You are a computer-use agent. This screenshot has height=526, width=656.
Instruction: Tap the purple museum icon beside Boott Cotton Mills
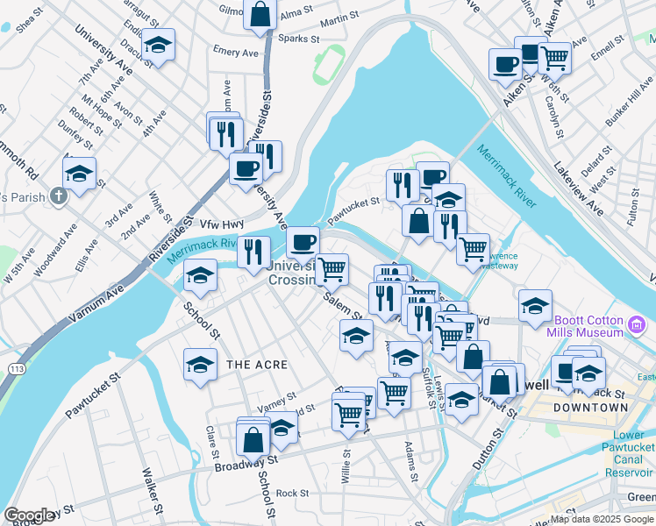[x=638, y=327]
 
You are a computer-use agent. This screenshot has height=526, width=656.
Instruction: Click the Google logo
[x=29, y=515]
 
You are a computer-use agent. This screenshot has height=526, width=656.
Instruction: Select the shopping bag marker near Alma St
[x=260, y=15]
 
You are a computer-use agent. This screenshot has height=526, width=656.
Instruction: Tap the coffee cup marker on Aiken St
[x=506, y=65]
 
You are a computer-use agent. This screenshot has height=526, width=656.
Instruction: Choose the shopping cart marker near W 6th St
[x=554, y=58]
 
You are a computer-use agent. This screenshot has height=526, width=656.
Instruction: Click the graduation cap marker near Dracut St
[x=158, y=44]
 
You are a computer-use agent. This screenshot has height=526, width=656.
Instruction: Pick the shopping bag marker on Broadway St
[x=253, y=439]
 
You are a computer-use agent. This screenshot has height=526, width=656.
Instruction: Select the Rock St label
[x=293, y=493]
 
